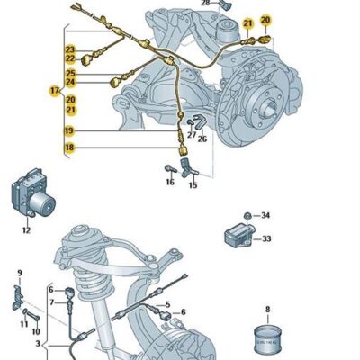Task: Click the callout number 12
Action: pyautogui.click(x=26, y=230)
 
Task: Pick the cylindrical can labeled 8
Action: pyautogui.click(x=267, y=341)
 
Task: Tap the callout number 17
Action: pyautogui.click(x=54, y=90)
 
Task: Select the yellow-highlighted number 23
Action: pyautogui.click(x=69, y=49)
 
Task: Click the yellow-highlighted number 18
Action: pyautogui.click(x=68, y=148)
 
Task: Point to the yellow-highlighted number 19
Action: pyautogui.click(x=68, y=131)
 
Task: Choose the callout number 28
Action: pyautogui.click(x=204, y=4)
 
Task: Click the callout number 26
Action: pyautogui.click(x=202, y=139)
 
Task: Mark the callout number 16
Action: pyautogui.click(x=169, y=183)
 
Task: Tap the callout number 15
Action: pyautogui.click(x=193, y=185)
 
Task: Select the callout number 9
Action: pyautogui.click(x=20, y=272)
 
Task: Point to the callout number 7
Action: pyautogui.click(x=52, y=302)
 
